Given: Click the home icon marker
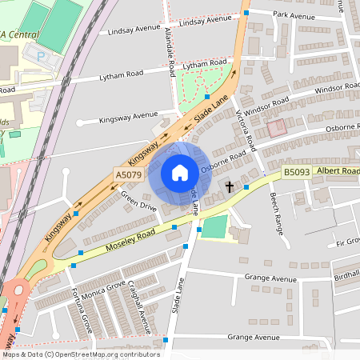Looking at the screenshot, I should pos(179,173).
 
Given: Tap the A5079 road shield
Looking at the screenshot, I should pos(129,174).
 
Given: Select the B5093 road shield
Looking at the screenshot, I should pos(295,172).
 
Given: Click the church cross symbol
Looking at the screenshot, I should pos(230,186).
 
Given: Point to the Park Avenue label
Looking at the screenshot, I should pos(294,14).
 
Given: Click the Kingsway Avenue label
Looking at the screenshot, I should pos(128,117).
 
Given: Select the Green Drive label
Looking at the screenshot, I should pos(138,200).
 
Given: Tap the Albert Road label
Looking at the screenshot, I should pos(338,170).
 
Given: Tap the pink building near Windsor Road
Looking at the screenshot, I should pos(276,127).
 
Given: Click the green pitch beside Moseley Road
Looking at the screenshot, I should pos(213,227).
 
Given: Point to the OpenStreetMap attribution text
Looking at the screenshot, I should pos(80,354).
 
